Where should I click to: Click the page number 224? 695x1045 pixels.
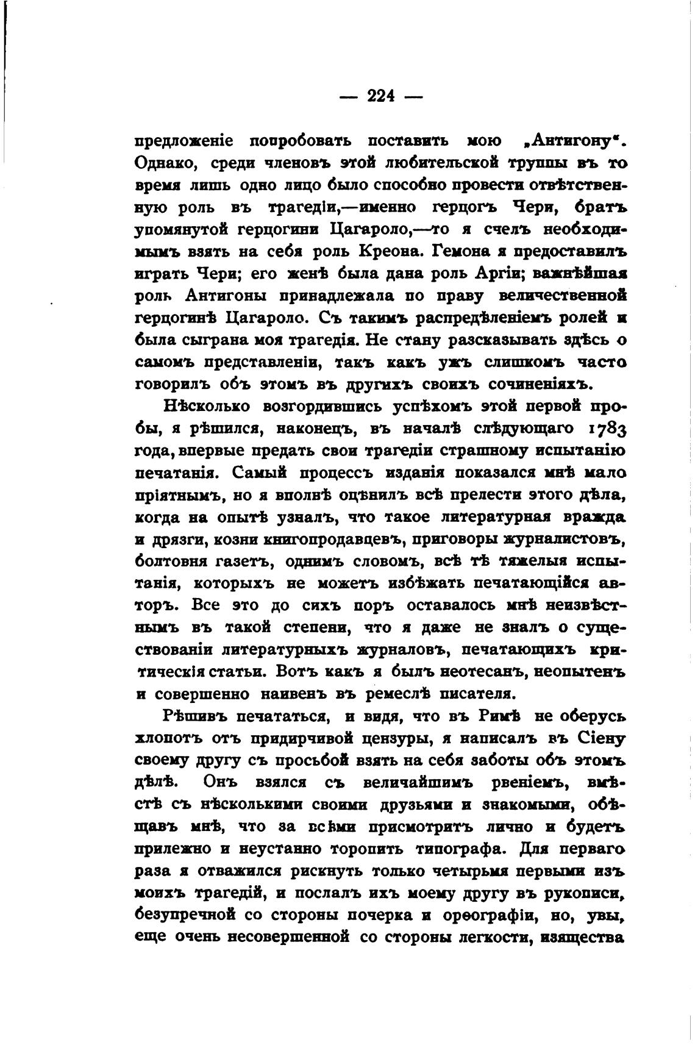pos(381,95)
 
